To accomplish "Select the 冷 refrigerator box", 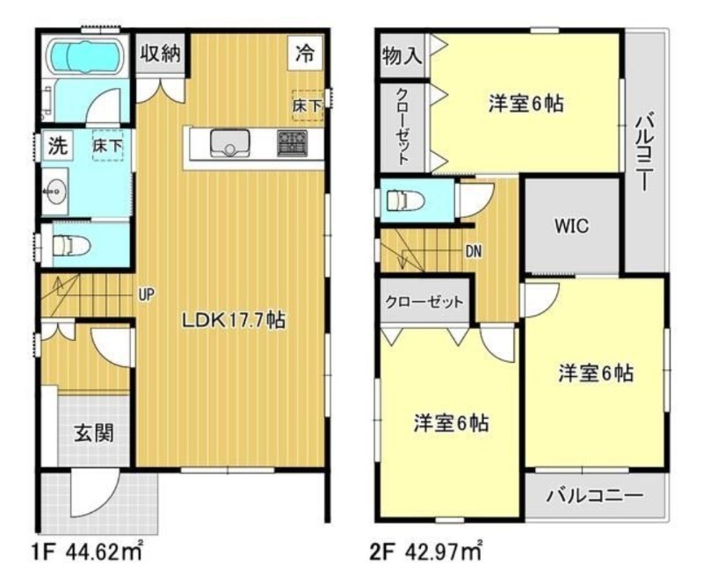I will point(304,54).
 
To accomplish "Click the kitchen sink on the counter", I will point(230,141).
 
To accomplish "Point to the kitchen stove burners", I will point(292,142).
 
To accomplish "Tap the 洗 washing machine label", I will point(56,146).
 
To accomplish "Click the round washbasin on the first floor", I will point(55,188).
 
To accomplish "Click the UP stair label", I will point(146,295).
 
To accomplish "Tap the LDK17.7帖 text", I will point(232,321).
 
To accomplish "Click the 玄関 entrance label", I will point(92,433).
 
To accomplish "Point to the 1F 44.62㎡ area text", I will point(91,554).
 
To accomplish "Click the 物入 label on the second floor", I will point(402,56).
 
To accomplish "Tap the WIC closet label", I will point(571,225).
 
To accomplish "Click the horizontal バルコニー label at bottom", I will point(594,495).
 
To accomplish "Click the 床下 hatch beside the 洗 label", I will point(108,147).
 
